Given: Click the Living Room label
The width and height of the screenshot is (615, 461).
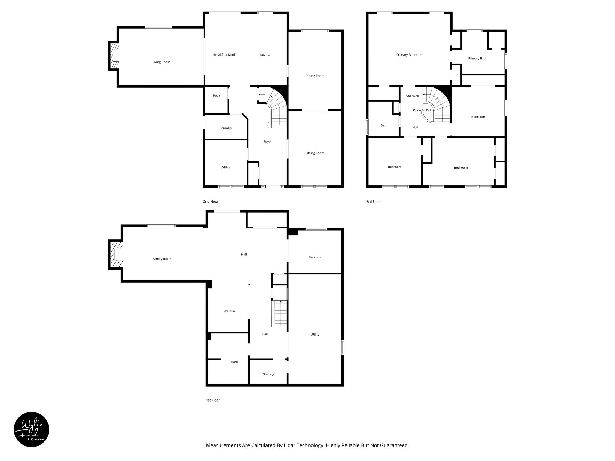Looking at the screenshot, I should (161, 62).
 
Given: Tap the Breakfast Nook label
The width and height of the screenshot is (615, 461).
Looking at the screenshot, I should (224, 55).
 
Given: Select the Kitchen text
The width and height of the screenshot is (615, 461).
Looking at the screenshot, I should (265, 56).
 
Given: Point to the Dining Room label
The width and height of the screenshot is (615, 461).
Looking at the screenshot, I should (315, 76).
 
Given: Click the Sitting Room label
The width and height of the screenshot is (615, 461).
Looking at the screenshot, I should (315, 153).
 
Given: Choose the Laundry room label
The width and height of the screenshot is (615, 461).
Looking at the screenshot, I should (226, 128).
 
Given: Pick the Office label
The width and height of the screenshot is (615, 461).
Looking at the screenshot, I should (226, 167).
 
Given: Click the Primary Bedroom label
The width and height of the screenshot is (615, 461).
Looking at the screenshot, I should (409, 55).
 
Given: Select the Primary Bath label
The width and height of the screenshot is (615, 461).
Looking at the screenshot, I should (477, 59).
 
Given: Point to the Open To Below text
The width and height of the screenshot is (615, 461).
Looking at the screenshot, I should (424, 110).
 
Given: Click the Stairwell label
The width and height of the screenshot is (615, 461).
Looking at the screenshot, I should (412, 96).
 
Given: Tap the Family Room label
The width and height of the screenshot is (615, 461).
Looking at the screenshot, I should (162, 259).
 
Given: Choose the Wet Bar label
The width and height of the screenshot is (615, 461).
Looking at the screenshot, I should (229, 311).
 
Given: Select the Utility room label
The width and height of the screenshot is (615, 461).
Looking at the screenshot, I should (315, 334).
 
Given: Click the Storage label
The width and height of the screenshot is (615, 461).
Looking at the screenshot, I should (268, 375).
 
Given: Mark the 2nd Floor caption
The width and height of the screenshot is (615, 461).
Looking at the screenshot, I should (211, 202).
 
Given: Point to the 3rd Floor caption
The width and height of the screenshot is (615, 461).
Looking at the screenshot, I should (373, 202).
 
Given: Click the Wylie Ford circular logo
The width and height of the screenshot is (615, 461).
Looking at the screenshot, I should (32, 429).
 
